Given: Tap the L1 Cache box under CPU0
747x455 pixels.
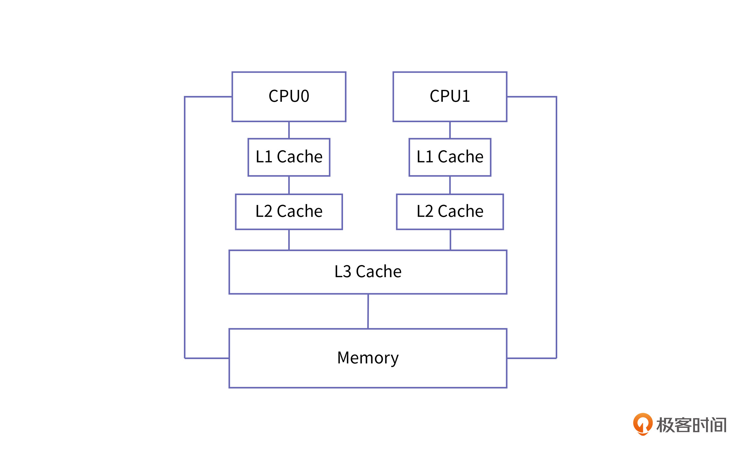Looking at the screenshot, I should (x=289, y=157).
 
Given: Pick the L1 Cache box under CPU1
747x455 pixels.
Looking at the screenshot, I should (x=450, y=157).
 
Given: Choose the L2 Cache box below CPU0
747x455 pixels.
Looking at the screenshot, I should (x=289, y=212).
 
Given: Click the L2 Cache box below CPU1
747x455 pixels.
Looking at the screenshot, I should (x=450, y=212).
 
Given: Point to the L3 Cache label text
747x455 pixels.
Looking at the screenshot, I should (x=368, y=272).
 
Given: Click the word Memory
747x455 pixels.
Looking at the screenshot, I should (x=368, y=358).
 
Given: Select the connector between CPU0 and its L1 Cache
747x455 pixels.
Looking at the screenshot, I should (x=289, y=130).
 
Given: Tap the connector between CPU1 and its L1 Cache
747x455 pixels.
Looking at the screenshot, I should (x=450, y=130).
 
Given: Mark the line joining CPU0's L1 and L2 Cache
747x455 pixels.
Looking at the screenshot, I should (x=289, y=185).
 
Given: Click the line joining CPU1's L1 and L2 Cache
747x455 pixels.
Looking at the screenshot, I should (x=450, y=185).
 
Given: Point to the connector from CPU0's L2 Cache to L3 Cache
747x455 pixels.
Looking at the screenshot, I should (x=289, y=240).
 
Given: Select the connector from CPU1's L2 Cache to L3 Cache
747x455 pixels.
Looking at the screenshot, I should (x=450, y=240).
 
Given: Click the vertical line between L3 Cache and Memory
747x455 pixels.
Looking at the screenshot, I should (x=368, y=311).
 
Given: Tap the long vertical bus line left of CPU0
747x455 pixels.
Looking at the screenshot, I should (x=185, y=229).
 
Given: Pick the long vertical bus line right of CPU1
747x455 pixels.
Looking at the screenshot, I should (x=556, y=229).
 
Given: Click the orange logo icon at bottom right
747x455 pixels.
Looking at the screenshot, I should (x=642, y=424).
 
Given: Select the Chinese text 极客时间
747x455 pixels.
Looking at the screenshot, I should (x=691, y=425).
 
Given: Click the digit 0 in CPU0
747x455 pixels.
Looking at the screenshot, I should (x=304, y=96).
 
